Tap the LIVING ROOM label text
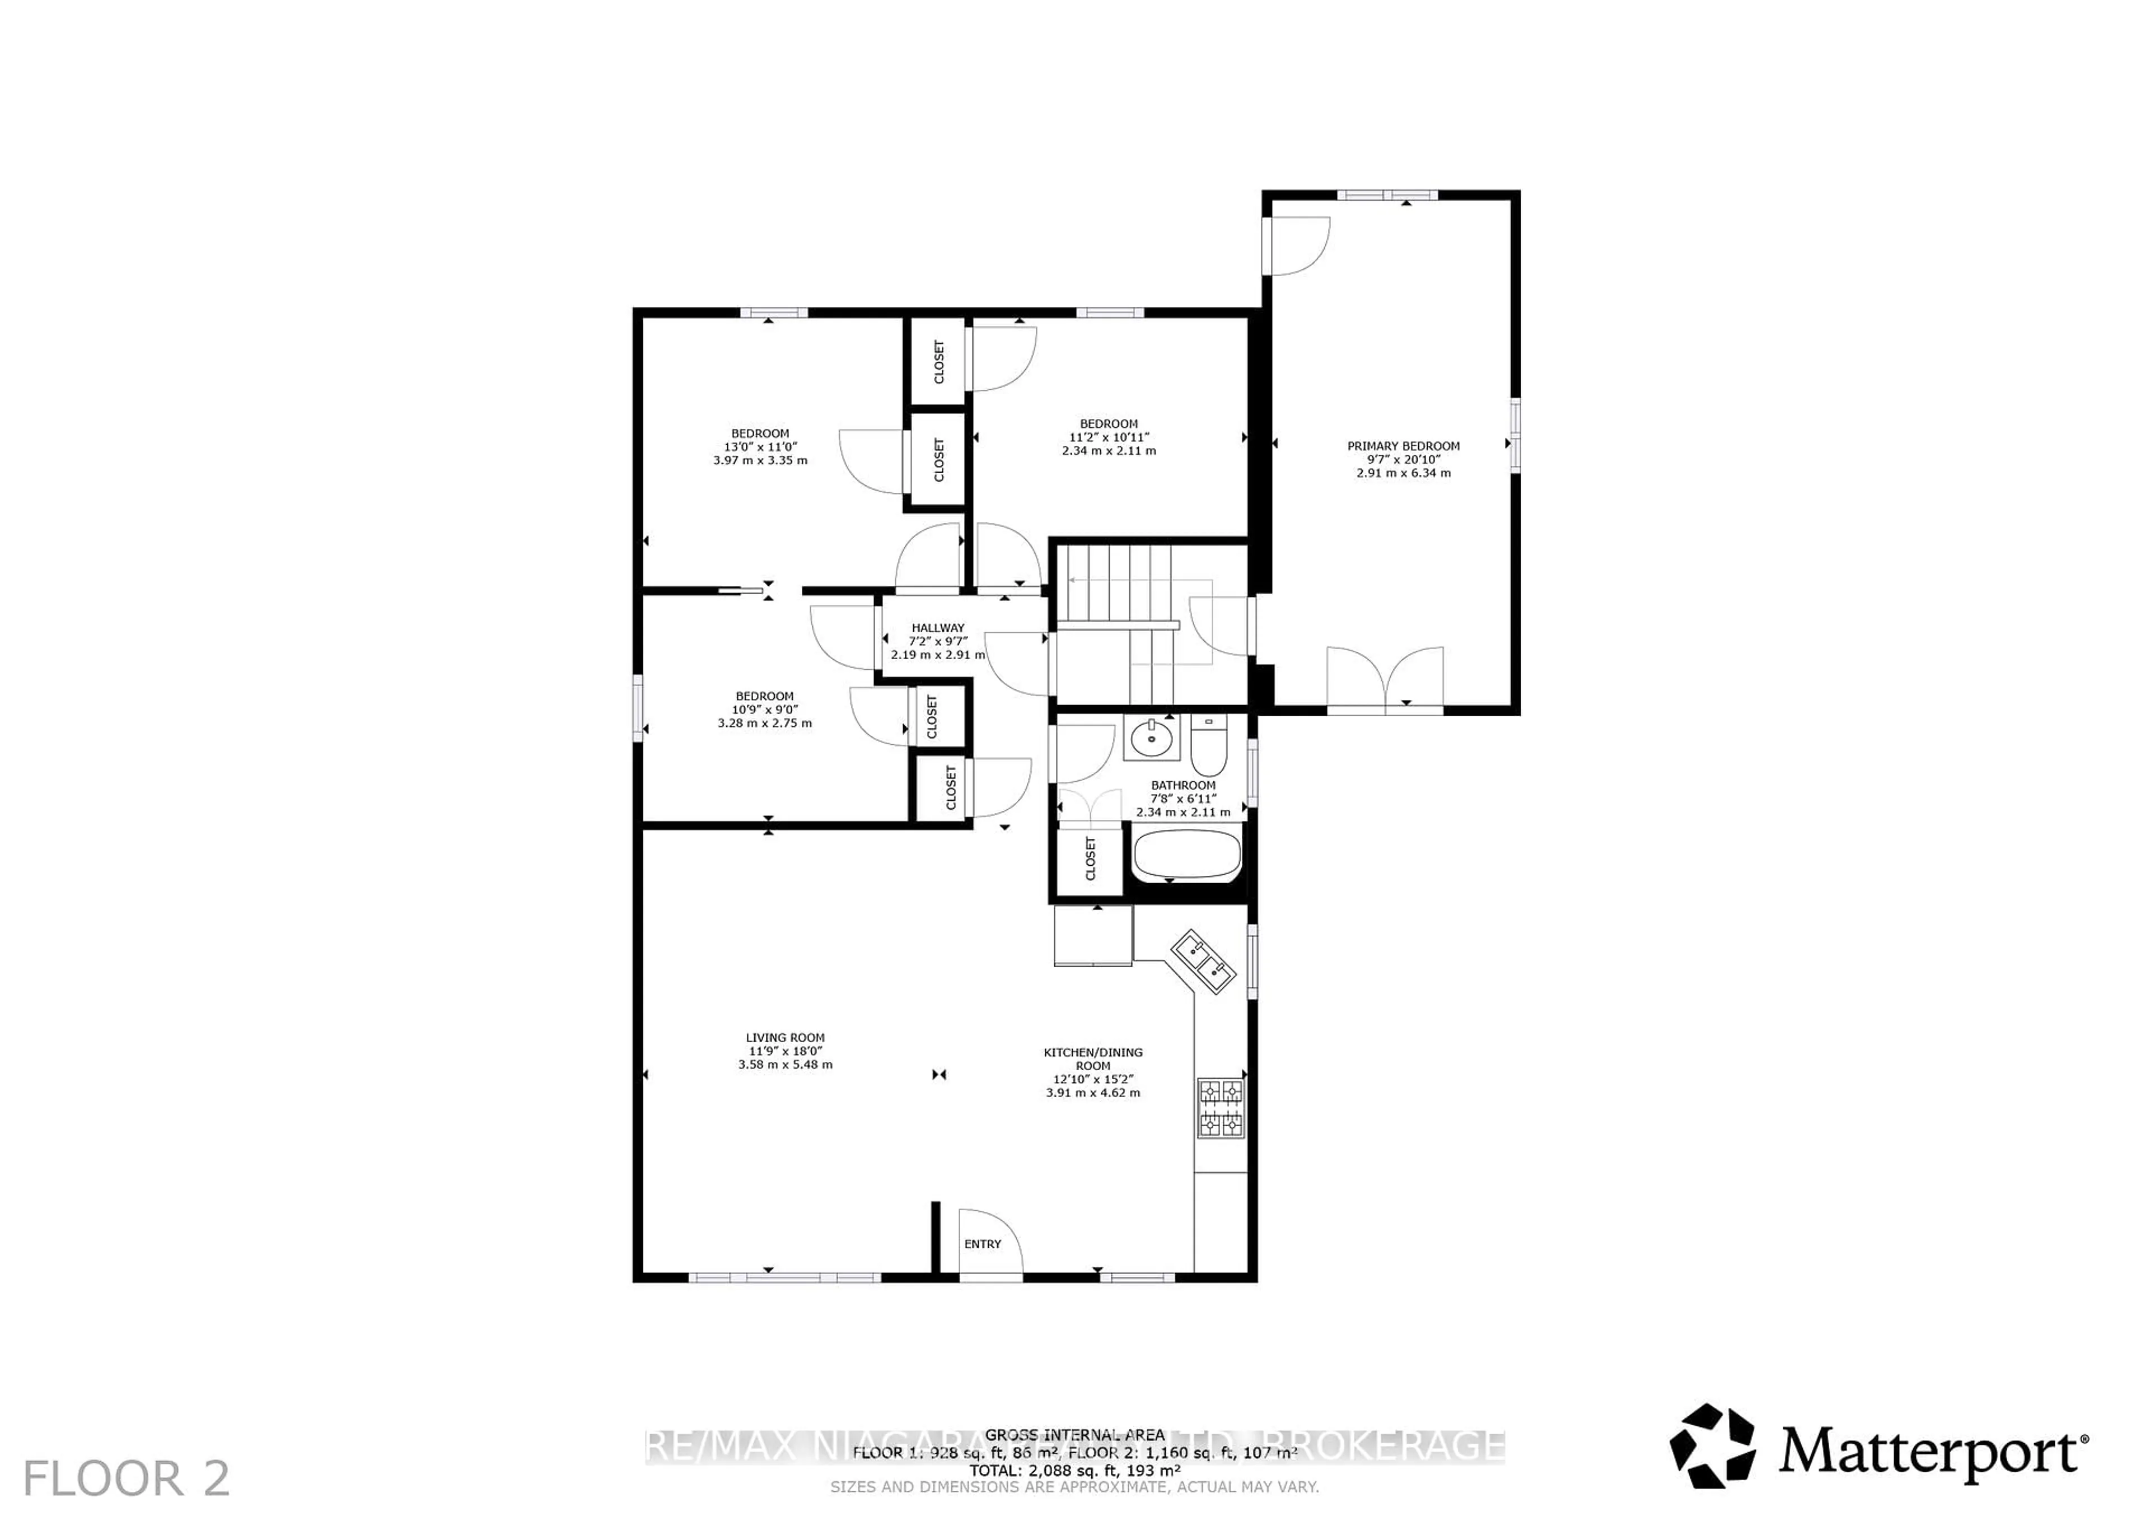coord(785,1038)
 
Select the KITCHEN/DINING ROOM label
coord(1093,1060)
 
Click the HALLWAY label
coord(937,628)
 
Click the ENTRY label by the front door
coord(982,1244)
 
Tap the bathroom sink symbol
coord(1150,739)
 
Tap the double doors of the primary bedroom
coord(1385,679)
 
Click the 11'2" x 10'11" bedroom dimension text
coord(1109,437)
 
